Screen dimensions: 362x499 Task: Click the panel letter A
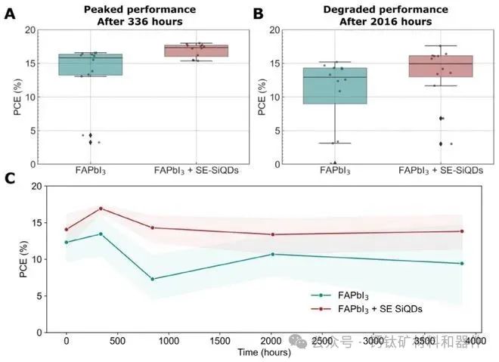pos(10,13)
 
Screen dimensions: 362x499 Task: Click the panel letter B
pos(258,13)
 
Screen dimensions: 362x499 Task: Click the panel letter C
pos(10,178)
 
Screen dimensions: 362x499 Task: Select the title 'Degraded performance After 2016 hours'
pos(386,16)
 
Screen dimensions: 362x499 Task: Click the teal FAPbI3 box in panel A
pos(101,64)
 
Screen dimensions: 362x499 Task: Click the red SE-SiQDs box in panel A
pos(197,50)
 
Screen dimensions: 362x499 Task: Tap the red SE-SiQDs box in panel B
pos(440,66)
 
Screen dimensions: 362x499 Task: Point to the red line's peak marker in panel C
pos(101,209)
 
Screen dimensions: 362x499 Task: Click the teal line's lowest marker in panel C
pos(153,279)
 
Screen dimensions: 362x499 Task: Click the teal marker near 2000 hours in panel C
pos(272,254)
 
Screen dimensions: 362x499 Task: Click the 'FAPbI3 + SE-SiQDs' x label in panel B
pos(440,172)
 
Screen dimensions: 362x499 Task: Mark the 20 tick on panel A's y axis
pos(31,30)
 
